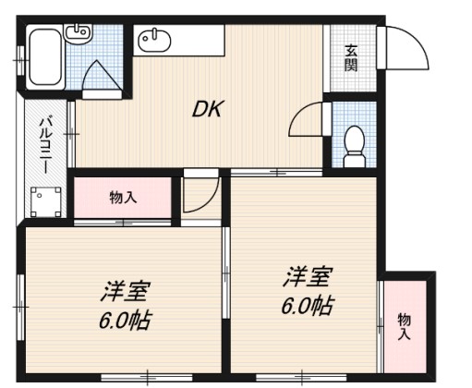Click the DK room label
206,110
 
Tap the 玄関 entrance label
352,57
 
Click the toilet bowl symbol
352,146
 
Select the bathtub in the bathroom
43,61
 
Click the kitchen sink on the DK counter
155,40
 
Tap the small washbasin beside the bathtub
79,33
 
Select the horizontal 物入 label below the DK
123,197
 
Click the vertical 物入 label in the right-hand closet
404,326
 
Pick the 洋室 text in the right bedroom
307,276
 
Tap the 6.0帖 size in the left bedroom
125,321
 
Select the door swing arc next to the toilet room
308,120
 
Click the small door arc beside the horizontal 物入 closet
199,193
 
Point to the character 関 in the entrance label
352,65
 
